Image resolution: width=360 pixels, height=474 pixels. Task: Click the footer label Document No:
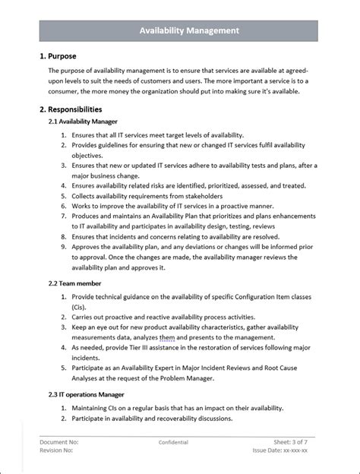click(x=59, y=441)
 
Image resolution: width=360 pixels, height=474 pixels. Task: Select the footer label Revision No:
click(x=58, y=450)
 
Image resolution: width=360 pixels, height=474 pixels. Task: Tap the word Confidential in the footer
click(x=173, y=441)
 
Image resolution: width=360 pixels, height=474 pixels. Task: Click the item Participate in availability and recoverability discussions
click(x=152, y=419)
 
